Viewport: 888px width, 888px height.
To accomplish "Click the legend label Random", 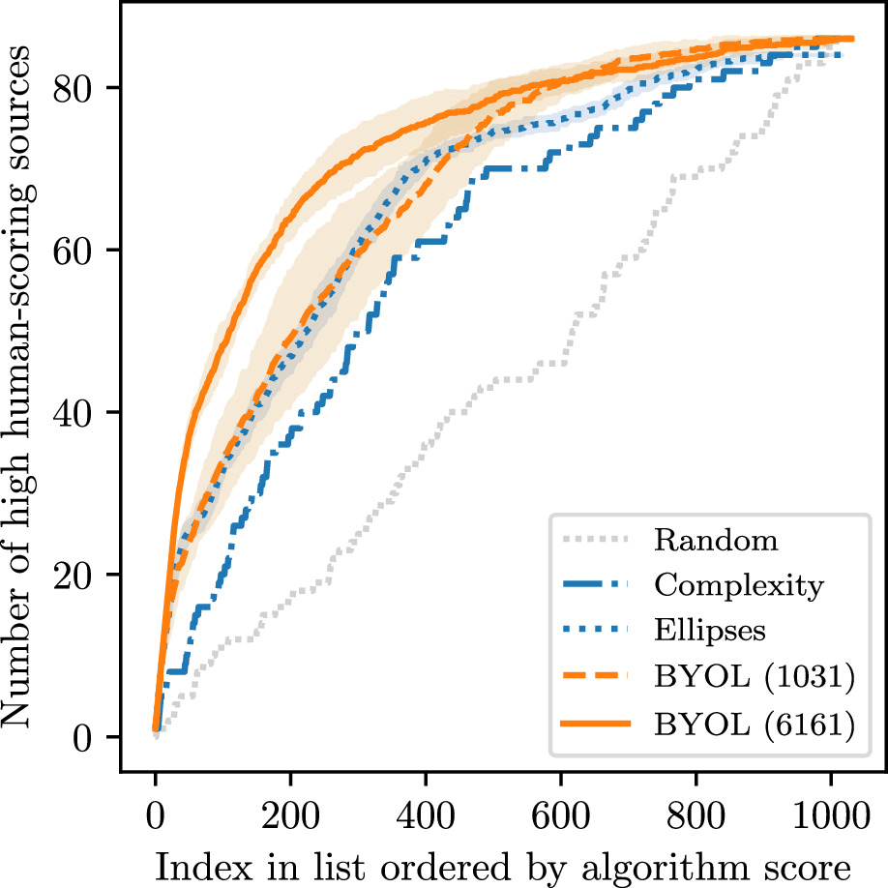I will coord(715,540).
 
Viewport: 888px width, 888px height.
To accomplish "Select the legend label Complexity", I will coord(738,585).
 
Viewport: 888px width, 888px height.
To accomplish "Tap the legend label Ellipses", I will coord(710,631).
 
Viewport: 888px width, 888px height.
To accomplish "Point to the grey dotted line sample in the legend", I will coord(598,538).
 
